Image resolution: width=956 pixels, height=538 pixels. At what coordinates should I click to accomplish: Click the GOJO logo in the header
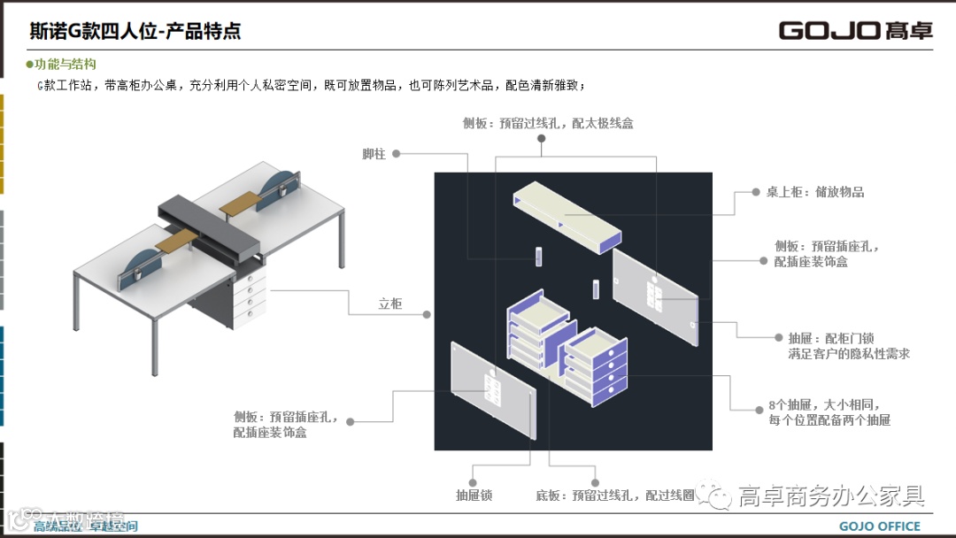pyautogui.click(x=855, y=30)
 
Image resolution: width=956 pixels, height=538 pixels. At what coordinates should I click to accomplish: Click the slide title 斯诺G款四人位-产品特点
pyautogui.click(x=135, y=32)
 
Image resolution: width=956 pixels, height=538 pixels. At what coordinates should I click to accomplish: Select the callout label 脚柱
pyautogui.click(x=374, y=154)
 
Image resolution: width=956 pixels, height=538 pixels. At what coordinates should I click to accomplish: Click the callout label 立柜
pyautogui.click(x=390, y=304)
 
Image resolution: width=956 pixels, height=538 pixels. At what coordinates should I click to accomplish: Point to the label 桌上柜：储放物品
pyautogui.click(x=815, y=191)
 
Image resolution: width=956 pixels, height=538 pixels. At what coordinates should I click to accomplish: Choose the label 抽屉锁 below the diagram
pyautogui.click(x=474, y=496)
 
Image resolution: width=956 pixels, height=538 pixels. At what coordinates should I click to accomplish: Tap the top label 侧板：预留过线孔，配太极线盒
pyautogui.click(x=548, y=124)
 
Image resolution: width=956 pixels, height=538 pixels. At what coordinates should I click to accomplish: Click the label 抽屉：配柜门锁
pyautogui.click(x=831, y=338)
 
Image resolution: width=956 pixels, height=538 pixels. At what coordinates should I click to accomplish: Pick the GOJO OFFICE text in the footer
pyautogui.click(x=880, y=526)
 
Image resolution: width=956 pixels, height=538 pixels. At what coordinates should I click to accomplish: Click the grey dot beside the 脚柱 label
pyautogui.click(x=397, y=154)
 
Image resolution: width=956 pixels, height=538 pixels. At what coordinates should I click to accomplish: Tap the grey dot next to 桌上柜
pyautogui.click(x=744, y=191)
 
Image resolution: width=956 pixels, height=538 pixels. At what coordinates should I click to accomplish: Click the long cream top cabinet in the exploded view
pyautogui.click(x=567, y=212)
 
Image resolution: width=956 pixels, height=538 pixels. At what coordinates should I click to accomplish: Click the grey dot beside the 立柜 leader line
pyautogui.click(x=427, y=314)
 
